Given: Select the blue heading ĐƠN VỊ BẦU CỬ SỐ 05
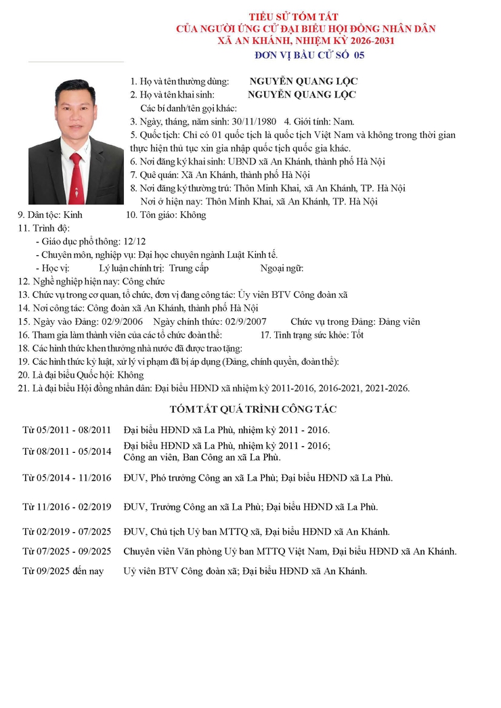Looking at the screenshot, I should pyautogui.click(x=309, y=55).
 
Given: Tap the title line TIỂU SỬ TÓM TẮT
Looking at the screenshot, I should pyautogui.click(x=293, y=16).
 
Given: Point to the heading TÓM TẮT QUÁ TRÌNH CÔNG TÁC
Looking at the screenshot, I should pyautogui.click(x=253, y=410).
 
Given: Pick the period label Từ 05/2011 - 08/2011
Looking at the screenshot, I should pyautogui.click(x=66, y=430).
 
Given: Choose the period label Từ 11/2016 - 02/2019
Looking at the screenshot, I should pyautogui.click(x=66, y=506).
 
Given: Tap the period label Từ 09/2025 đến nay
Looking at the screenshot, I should pyautogui.click(x=63, y=571).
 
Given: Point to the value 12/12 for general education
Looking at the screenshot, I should pyautogui.click(x=133, y=241).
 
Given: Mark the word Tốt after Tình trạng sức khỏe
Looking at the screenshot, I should pyautogui.click(x=357, y=335).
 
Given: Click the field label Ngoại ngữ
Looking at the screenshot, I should pyautogui.click(x=282, y=268).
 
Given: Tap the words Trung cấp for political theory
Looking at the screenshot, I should pyautogui.click(x=189, y=268).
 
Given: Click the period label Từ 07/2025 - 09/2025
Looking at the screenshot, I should pyautogui.click(x=66, y=551).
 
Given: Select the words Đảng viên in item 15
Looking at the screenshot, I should pyautogui.click(x=399, y=322).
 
